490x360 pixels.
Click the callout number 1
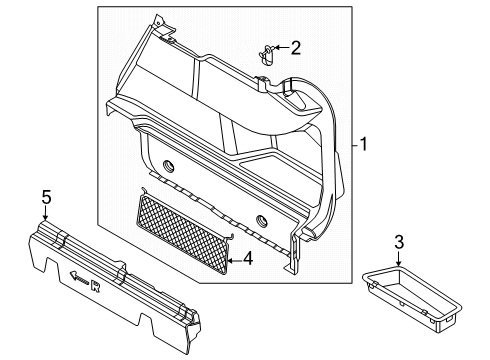pos(366,144)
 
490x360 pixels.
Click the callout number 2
pos(295,47)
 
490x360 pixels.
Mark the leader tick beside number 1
pos(354,144)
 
